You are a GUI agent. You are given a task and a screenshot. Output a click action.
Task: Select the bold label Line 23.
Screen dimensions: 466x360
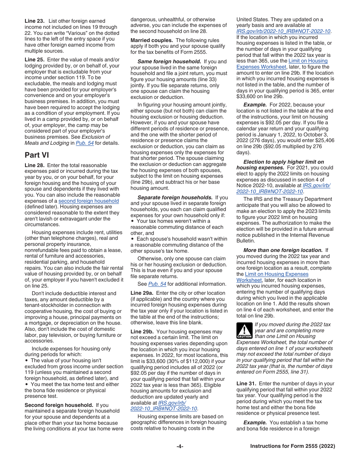(x=34, y=21)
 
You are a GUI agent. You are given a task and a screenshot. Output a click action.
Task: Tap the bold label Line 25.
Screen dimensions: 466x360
(x=34, y=60)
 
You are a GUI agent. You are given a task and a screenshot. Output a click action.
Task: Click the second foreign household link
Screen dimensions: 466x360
(x=88, y=201)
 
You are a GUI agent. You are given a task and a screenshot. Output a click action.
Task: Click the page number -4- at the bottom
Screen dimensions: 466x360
(x=180, y=446)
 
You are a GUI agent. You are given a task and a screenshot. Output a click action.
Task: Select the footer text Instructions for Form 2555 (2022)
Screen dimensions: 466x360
(x=293, y=446)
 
